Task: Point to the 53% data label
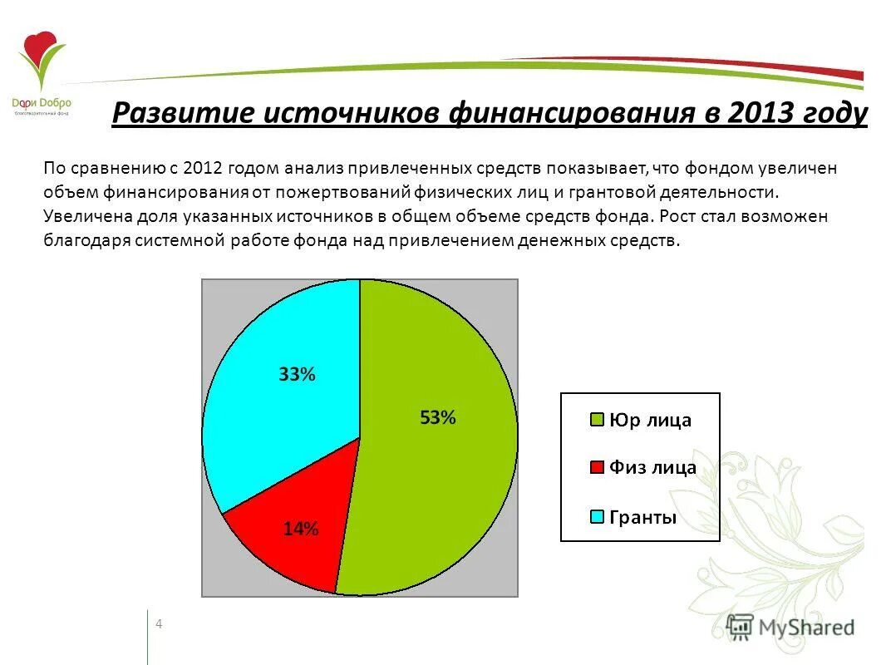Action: click(438, 418)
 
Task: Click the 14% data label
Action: click(301, 529)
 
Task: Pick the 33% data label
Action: click(297, 375)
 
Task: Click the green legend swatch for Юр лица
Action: click(596, 421)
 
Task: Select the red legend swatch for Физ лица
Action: click(596, 468)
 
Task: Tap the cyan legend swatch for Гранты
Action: click(596, 517)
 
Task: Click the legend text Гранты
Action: click(643, 517)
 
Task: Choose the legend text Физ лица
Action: click(652, 468)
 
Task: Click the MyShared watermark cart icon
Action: click(739, 626)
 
